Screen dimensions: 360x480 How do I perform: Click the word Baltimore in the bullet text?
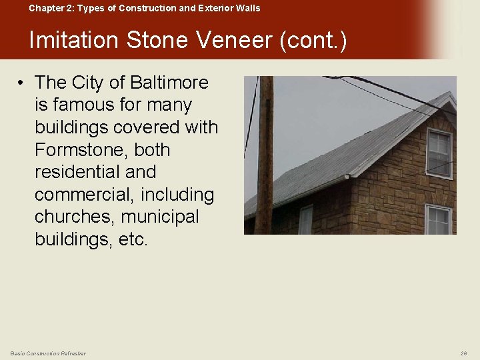pyautogui.click(x=169, y=83)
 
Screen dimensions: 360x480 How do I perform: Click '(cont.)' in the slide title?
pyautogui.click(x=313, y=41)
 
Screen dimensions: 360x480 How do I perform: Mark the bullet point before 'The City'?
pyautogui.click(x=22, y=83)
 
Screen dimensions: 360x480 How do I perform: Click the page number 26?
pyautogui.click(x=463, y=353)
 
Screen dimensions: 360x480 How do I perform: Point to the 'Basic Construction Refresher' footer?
pyautogui.click(x=48, y=353)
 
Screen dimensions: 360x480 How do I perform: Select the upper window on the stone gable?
pyautogui.click(x=439, y=153)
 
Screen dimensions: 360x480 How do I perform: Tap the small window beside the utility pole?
pyautogui.click(x=305, y=220)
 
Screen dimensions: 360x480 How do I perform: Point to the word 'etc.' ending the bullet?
pyautogui.click(x=133, y=239)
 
